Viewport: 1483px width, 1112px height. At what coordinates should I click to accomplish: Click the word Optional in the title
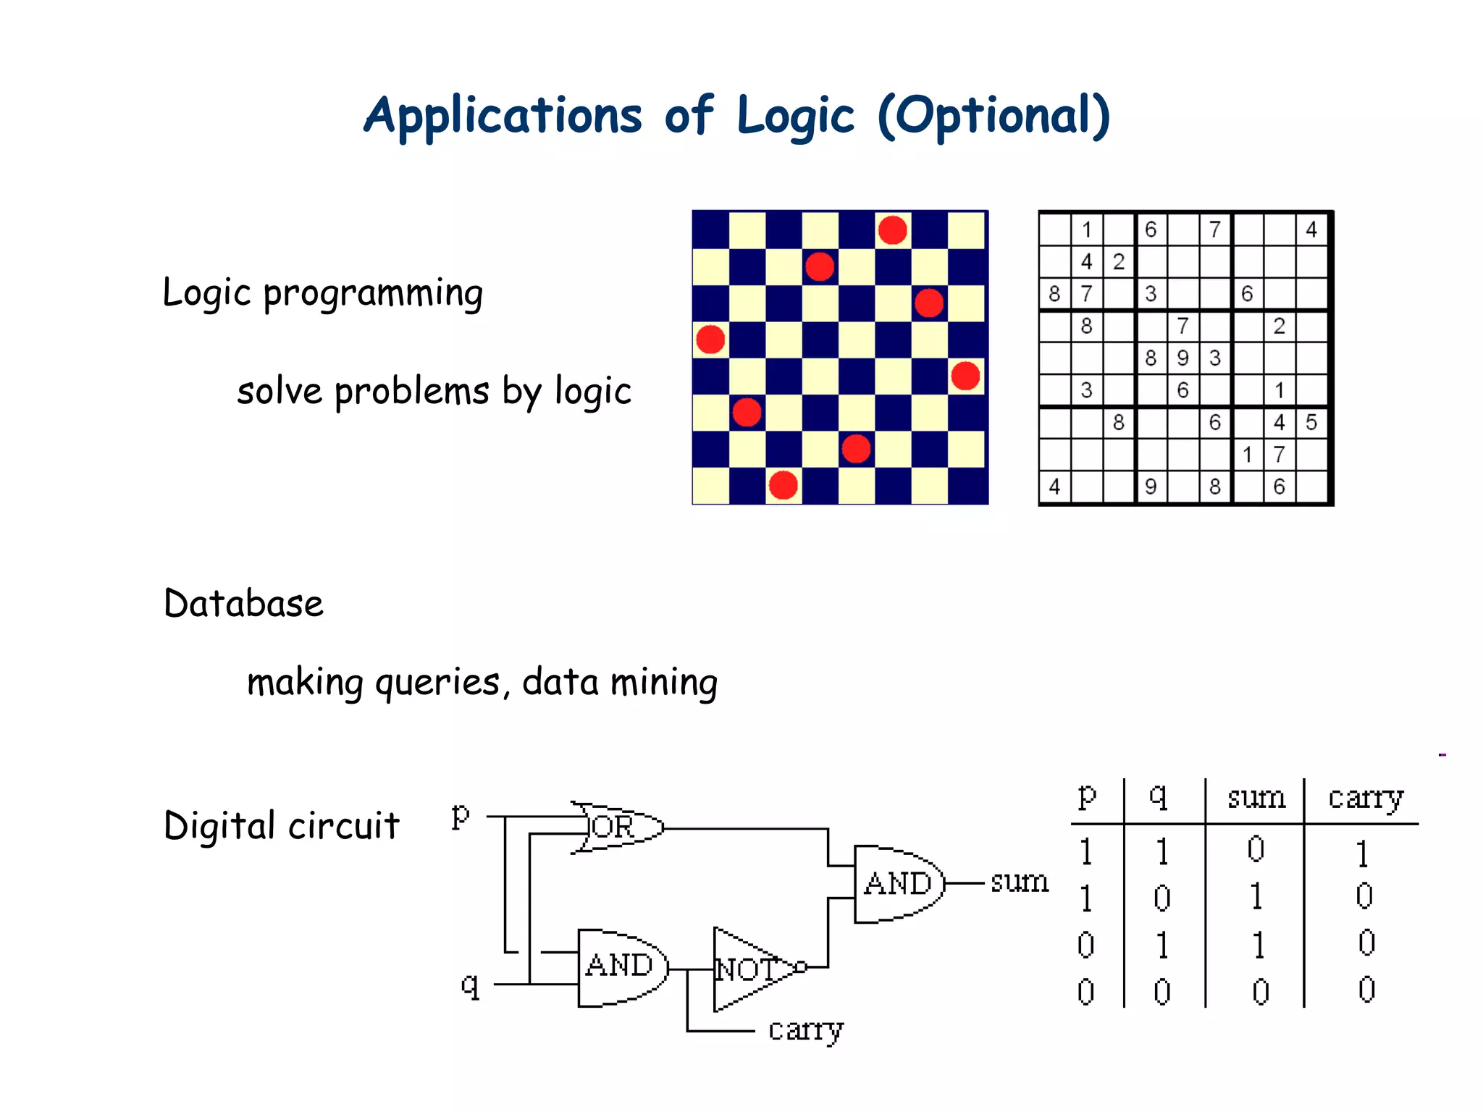[993, 116]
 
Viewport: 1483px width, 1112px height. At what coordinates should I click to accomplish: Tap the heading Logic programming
[322, 293]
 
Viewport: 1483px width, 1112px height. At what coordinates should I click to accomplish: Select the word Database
[243, 603]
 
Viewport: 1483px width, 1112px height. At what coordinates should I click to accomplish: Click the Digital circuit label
[281, 825]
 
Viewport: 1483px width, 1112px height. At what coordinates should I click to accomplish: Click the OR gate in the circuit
[618, 827]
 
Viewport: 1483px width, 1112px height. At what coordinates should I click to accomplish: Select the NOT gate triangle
[749, 969]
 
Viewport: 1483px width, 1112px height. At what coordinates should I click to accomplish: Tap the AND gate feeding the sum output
[898, 883]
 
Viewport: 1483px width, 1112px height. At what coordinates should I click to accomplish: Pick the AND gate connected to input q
[621, 966]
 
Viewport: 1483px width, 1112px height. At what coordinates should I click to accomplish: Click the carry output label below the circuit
[805, 1029]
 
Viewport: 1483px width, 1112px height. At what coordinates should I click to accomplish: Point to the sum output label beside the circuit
[1019, 882]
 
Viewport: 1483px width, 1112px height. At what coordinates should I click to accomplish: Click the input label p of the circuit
[461, 816]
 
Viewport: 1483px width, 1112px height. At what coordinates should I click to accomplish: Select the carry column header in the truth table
[1365, 798]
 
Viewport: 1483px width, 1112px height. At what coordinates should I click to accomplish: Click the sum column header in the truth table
[1256, 798]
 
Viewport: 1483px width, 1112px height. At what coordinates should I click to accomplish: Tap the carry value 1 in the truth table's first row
[1363, 853]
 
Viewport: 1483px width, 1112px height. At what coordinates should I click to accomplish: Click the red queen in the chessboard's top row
[892, 230]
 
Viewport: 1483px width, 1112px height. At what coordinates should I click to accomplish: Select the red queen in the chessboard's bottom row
[783, 485]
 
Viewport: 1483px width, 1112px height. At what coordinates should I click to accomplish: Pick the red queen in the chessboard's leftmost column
[710, 339]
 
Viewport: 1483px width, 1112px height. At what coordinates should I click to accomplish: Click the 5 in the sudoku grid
[1311, 422]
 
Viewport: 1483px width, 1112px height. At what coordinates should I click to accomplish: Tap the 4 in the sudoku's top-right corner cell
[1311, 229]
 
